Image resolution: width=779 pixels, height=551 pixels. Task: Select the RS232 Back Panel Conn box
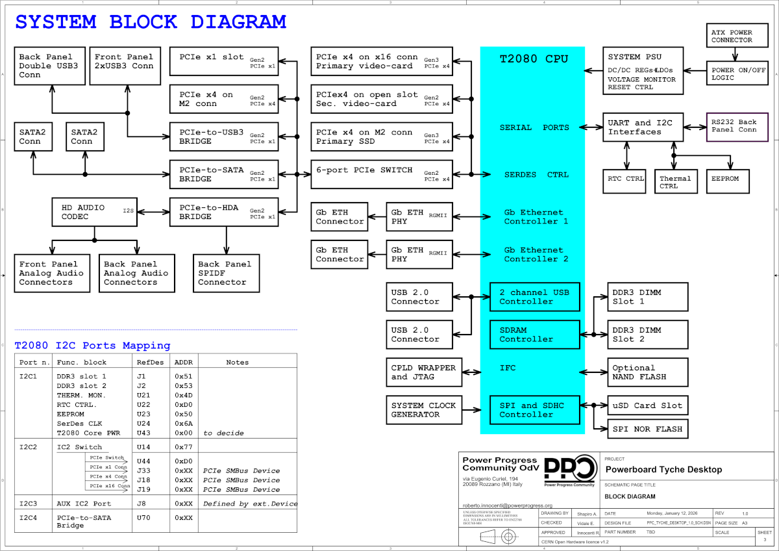[x=736, y=127]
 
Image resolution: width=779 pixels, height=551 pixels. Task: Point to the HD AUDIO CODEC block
[x=94, y=212]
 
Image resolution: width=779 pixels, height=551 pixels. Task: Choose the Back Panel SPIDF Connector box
[x=227, y=273]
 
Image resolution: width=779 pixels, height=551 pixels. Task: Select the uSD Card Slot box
[x=647, y=405]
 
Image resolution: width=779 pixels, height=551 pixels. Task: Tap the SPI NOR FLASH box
[x=647, y=429]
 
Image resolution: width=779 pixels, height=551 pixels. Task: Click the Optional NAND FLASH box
[x=647, y=372]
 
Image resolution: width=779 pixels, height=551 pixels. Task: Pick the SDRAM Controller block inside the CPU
[x=534, y=335]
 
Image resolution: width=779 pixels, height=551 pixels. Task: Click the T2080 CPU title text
[x=534, y=59]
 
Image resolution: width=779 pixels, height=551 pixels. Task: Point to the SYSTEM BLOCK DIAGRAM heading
[x=151, y=22]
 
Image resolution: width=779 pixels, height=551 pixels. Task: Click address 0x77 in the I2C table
[x=184, y=447]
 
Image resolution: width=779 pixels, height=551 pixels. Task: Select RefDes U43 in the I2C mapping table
[x=143, y=433]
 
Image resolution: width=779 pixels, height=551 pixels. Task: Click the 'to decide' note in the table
[x=223, y=433]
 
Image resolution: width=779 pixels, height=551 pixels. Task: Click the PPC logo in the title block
[x=569, y=470]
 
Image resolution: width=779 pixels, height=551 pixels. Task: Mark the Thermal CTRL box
[x=675, y=182]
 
